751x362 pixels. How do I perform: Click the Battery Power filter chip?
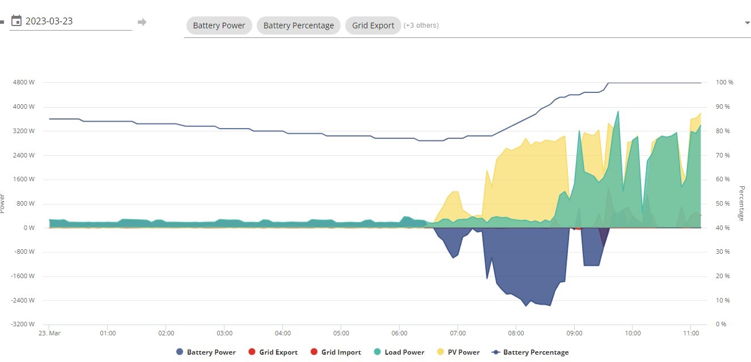[x=219, y=25]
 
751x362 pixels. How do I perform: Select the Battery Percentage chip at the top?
[x=298, y=25]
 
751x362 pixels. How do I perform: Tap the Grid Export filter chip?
[x=373, y=25]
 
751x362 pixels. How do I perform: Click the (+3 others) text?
[x=421, y=25]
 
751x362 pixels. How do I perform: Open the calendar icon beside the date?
[x=16, y=21]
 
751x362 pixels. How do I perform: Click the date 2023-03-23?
[x=49, y=21]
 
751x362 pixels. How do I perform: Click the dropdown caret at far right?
[x=747, y=23]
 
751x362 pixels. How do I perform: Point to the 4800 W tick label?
[x=24, y=83]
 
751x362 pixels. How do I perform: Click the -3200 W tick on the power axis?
[x=23, y=324]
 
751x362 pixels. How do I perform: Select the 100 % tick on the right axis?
[x=724, y=83]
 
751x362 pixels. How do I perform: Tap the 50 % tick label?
[x=723, y=203]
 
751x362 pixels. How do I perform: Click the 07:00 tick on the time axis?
[x=457, y=333]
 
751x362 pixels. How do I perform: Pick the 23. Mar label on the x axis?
[x=50, y=333]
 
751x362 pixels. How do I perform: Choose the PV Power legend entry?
[x=459, y=352]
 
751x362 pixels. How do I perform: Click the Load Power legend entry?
[x=399, y=352]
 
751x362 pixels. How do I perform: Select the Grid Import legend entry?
[x=336, y=352]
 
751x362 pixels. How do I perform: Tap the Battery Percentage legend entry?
[x=530, y=352]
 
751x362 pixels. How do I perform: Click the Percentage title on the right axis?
[x=742, y=203]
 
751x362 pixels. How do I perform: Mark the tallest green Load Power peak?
[x=618, y=112]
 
